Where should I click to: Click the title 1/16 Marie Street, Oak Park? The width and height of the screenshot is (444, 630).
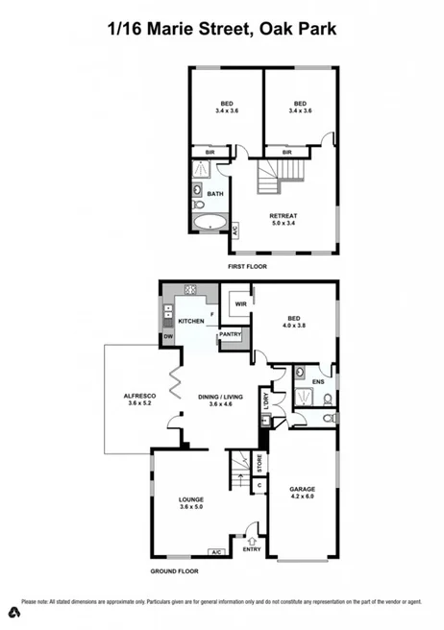point(222,29)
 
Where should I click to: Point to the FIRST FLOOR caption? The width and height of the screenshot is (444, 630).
point(247,266)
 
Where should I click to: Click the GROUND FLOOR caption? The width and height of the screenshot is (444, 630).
point(174,571)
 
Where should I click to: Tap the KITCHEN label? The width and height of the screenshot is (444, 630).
point(190,321)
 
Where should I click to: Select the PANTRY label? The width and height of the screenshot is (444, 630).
point(231,334)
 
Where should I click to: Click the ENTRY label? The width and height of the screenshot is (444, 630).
point(252,550)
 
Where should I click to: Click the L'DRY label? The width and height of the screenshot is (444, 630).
point(266,403)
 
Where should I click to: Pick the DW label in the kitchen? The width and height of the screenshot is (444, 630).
point(167,336)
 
